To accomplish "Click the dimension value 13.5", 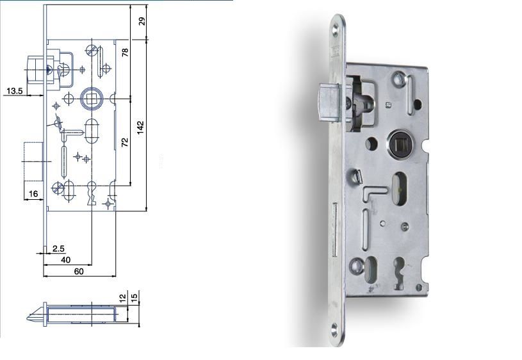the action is pos(14,90).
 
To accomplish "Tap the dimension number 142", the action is pos(140,127).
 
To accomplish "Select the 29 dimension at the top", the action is pos(142,21).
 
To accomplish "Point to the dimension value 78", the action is pos(125,53).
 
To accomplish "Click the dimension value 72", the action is pos(124,143).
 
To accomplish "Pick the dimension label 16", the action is pos(33,194).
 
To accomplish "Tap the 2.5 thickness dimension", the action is pos(58,249).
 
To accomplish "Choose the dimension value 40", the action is pos(65,260).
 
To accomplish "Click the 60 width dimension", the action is pos(79,272).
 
